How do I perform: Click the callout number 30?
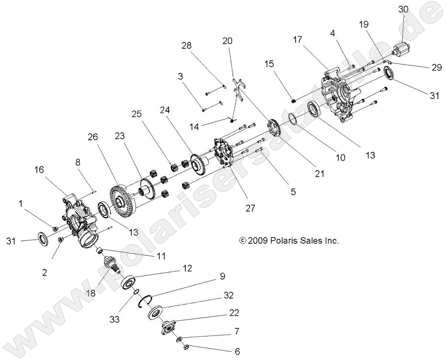pos(404,9)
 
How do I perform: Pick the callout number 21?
pos(320,173)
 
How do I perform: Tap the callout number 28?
pos(187,45)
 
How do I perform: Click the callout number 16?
pos(39,169)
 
